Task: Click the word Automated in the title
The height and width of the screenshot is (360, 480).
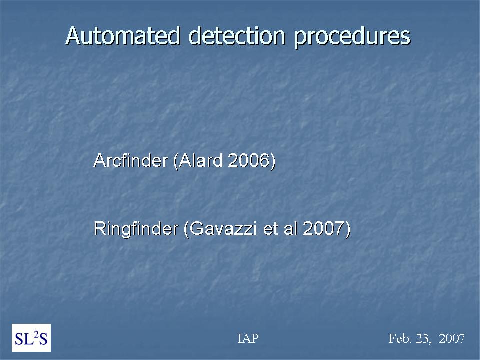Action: coord(123,36)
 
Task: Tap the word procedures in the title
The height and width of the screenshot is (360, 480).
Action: coord(352,37)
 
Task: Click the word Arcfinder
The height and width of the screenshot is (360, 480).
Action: coord(131,160)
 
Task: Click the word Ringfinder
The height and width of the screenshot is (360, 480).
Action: coord(136,228)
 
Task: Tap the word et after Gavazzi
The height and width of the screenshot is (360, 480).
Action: coord(271,229)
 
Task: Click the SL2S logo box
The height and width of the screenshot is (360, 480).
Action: coord(31,338)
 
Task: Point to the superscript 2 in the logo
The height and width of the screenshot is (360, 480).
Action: coord(36,334)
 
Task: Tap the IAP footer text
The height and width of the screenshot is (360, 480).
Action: coord(248,338)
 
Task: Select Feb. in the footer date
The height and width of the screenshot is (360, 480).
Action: coord(400,338)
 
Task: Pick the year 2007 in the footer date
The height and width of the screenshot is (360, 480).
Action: coord(452,339)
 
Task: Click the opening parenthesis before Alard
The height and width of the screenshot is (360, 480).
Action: coord(175,161)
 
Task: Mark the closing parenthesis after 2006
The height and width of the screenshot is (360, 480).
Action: coord(273,161)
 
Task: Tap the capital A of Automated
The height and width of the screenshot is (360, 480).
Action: coord(73,36)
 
